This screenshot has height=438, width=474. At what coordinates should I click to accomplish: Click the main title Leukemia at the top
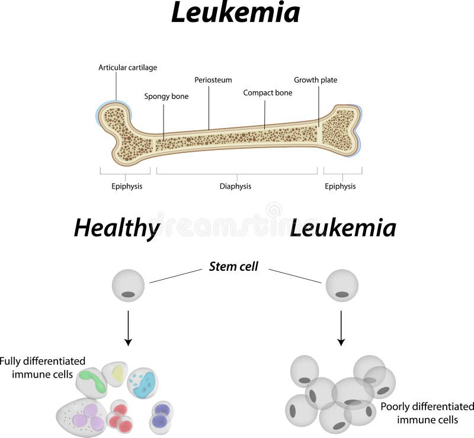tap(235, 13)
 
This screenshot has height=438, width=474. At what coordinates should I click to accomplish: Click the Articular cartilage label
tap(127, 68)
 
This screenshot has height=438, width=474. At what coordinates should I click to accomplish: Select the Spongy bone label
tap(166, 96)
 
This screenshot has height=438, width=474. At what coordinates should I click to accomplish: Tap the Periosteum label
tap(213, 79)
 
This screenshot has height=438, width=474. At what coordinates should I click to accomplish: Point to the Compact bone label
tap(267, 92)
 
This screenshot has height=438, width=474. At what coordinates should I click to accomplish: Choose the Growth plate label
tap(316, 79)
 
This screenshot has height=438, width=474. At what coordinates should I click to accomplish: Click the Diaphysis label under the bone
tap(236, 186)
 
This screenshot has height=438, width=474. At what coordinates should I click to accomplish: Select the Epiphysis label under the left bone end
tap(127, 186)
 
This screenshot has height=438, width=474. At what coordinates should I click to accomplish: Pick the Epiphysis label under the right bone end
tap(340, 186)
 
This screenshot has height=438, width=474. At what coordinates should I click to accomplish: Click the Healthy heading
tap(117, 228)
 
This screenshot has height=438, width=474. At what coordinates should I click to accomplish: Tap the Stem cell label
tap(233, 266)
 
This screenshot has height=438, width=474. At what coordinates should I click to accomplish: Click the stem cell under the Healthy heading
tap(128, 285)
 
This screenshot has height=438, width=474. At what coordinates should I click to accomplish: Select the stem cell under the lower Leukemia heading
tap(342, 285)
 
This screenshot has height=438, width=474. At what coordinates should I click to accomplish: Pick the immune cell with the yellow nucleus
tap(117, 373)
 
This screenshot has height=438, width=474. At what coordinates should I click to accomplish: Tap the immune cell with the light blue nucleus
tap(143, 384)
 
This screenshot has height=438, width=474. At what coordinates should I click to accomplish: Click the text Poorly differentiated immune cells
tap(427, 413)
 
